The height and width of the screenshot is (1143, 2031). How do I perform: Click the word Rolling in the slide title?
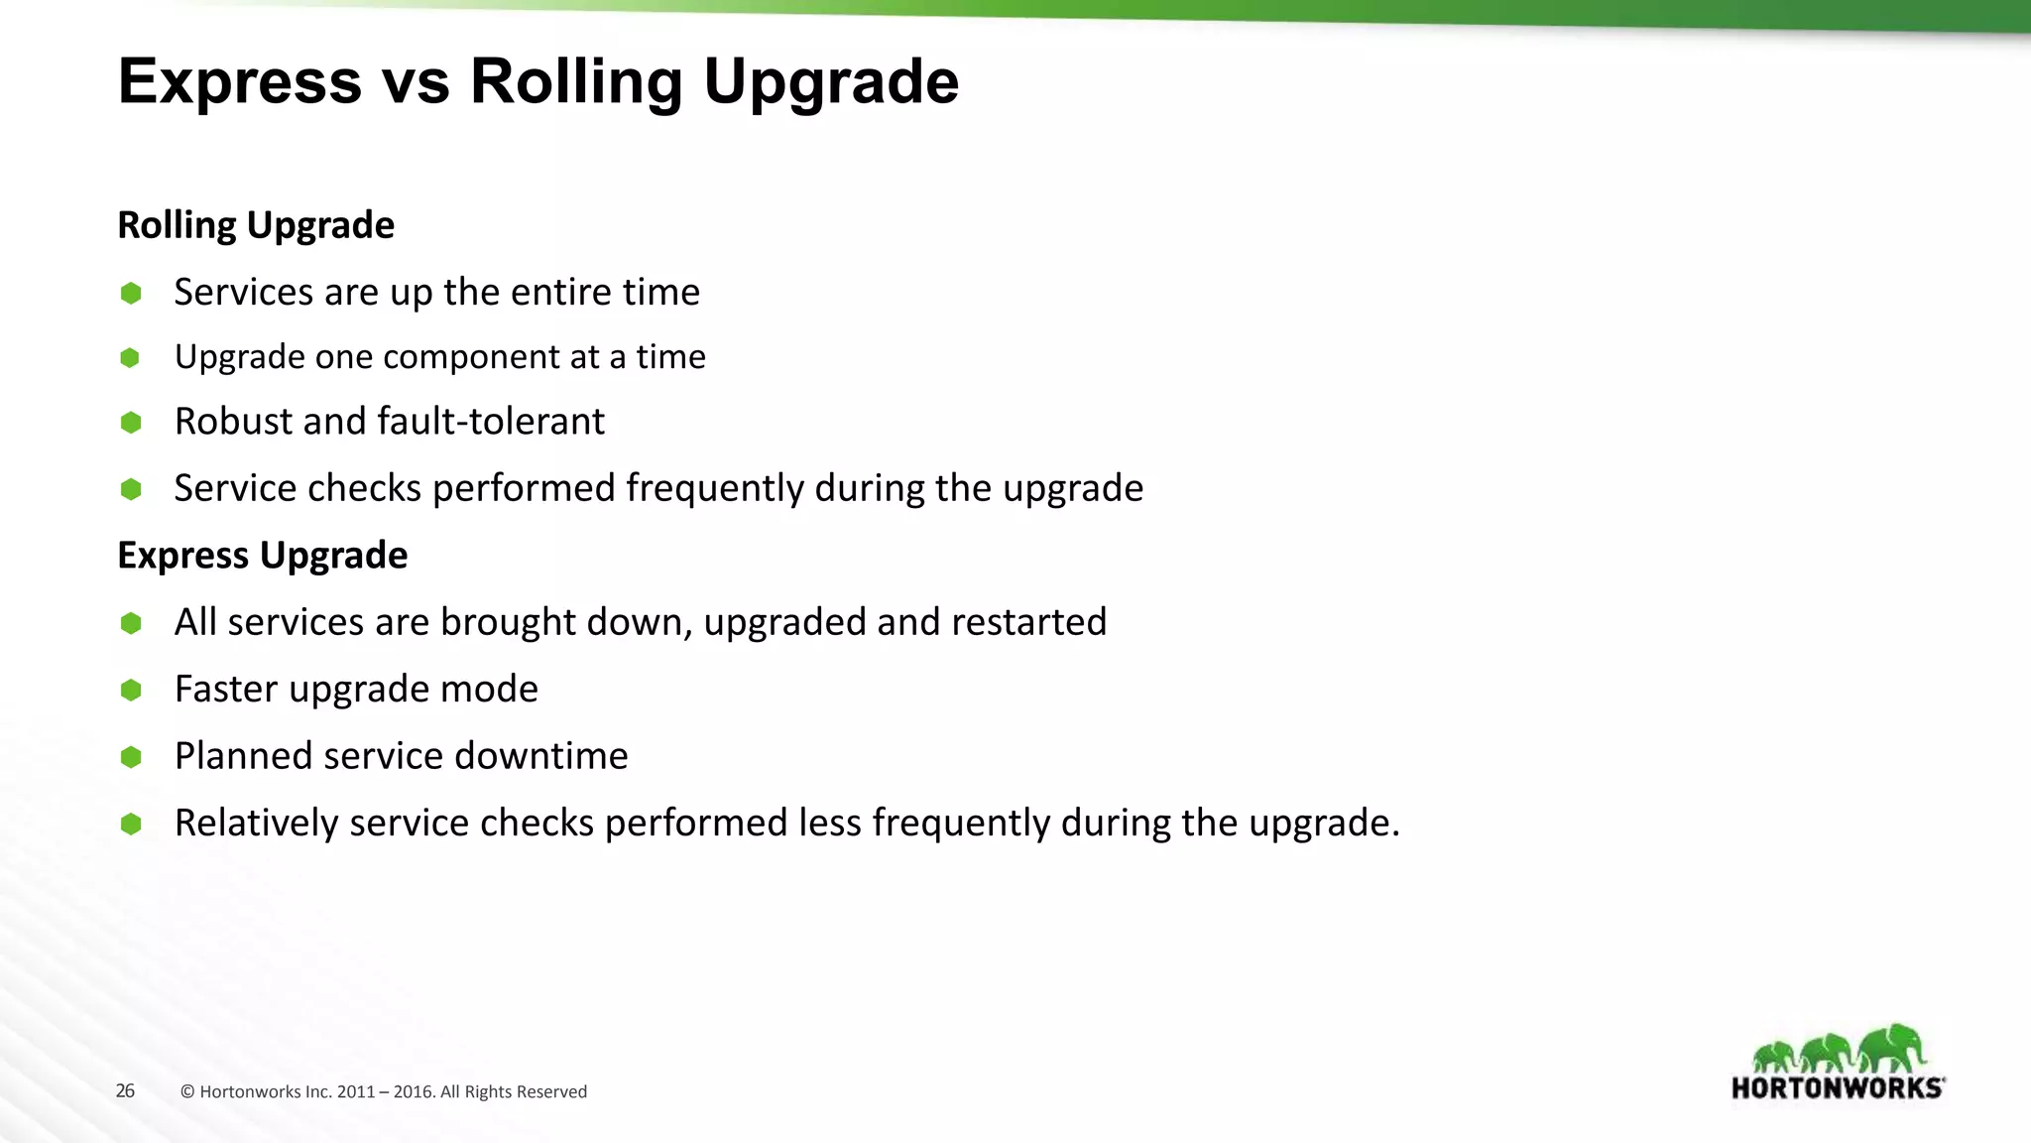pos(575,81)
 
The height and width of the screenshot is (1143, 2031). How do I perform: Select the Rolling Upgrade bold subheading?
pos(256,225)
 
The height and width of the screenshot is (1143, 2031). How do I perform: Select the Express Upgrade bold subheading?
pos(262,556)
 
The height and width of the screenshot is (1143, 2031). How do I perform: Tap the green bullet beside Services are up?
pos(131,293)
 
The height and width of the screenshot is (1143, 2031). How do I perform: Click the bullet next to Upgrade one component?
pos(130,357)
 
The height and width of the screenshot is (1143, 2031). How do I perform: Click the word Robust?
pos(234,422)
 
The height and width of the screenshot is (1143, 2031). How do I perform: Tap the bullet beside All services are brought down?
pos(131,623)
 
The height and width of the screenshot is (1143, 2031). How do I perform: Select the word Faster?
pos(226,689)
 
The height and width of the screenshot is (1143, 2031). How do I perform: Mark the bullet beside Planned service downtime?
pos(131,757)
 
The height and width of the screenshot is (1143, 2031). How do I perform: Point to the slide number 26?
pos(125,1090)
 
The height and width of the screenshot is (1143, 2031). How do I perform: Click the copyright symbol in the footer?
pos(187,1092)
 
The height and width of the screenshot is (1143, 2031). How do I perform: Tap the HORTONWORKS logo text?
pos(1838,1087)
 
